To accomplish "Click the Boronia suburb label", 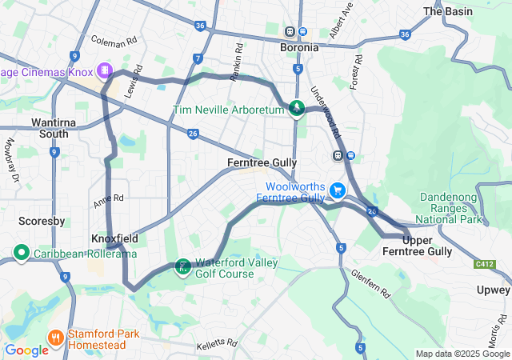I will tap(298, 47).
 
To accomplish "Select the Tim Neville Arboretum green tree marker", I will tap(297, 107).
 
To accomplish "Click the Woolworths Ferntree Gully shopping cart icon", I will tap(338, 190).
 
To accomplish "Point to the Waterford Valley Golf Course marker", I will tap(183, 266).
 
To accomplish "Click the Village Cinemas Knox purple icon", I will tap(104, 70).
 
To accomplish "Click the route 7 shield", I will tap(198, 58).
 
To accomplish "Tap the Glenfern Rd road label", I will tap(370, 283).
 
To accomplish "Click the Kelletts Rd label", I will tap(217, 345).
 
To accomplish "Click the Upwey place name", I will tap(494, 290).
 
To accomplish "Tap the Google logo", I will tap(26, 350).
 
